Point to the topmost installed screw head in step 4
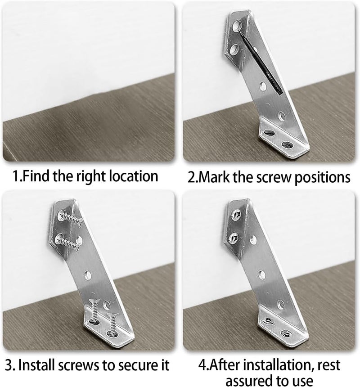tap(234, 216)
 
